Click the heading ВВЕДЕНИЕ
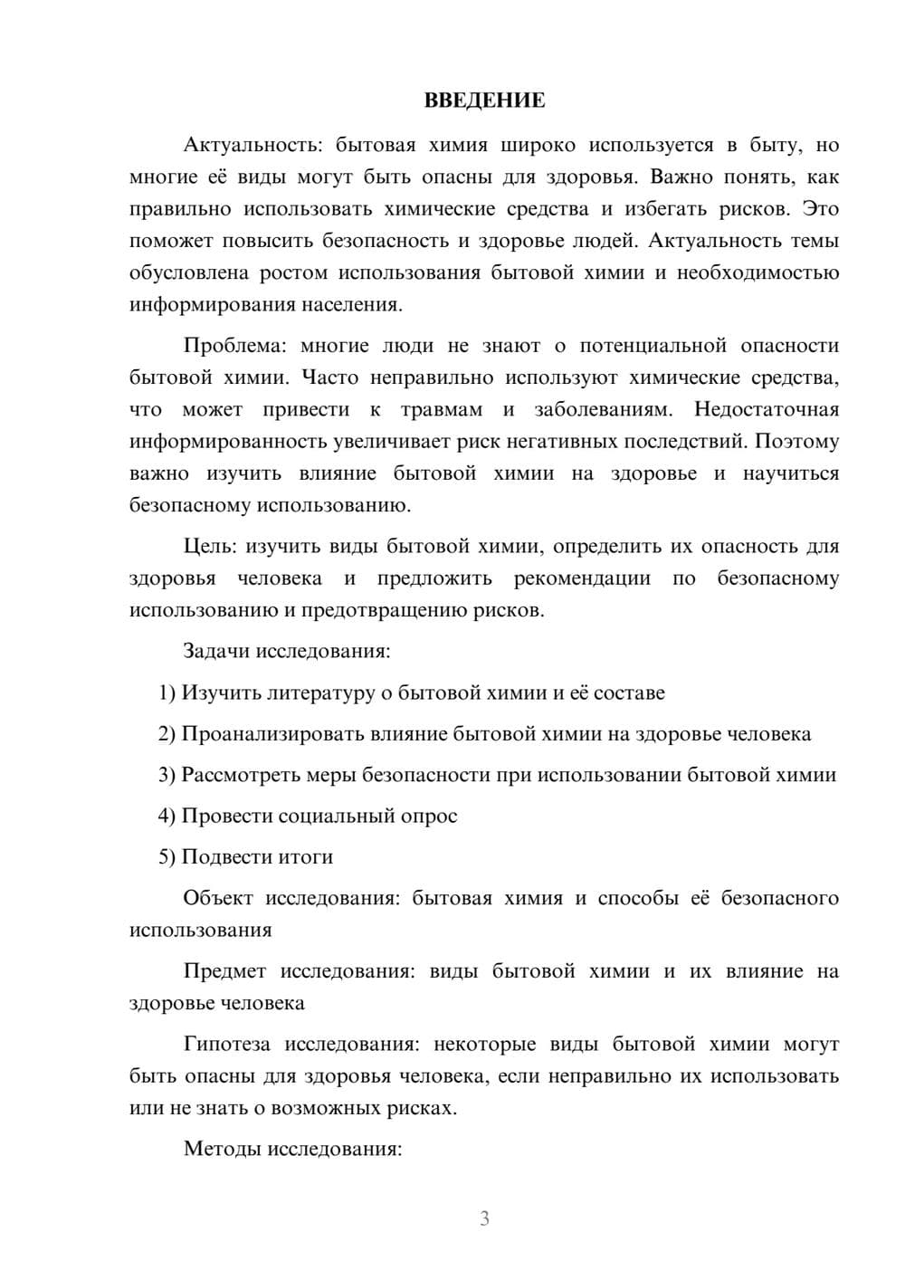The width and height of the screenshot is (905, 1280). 484,100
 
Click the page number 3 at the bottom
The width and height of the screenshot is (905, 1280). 484,1218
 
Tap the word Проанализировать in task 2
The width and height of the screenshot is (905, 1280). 272,734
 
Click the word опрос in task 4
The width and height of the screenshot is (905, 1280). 430,817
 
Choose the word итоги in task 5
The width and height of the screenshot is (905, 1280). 303,857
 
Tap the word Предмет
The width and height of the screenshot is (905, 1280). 224,971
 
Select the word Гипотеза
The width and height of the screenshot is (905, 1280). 226,1045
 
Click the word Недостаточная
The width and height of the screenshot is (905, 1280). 767,409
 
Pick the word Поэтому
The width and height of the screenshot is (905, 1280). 796,442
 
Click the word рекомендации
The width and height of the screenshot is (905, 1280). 582,578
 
